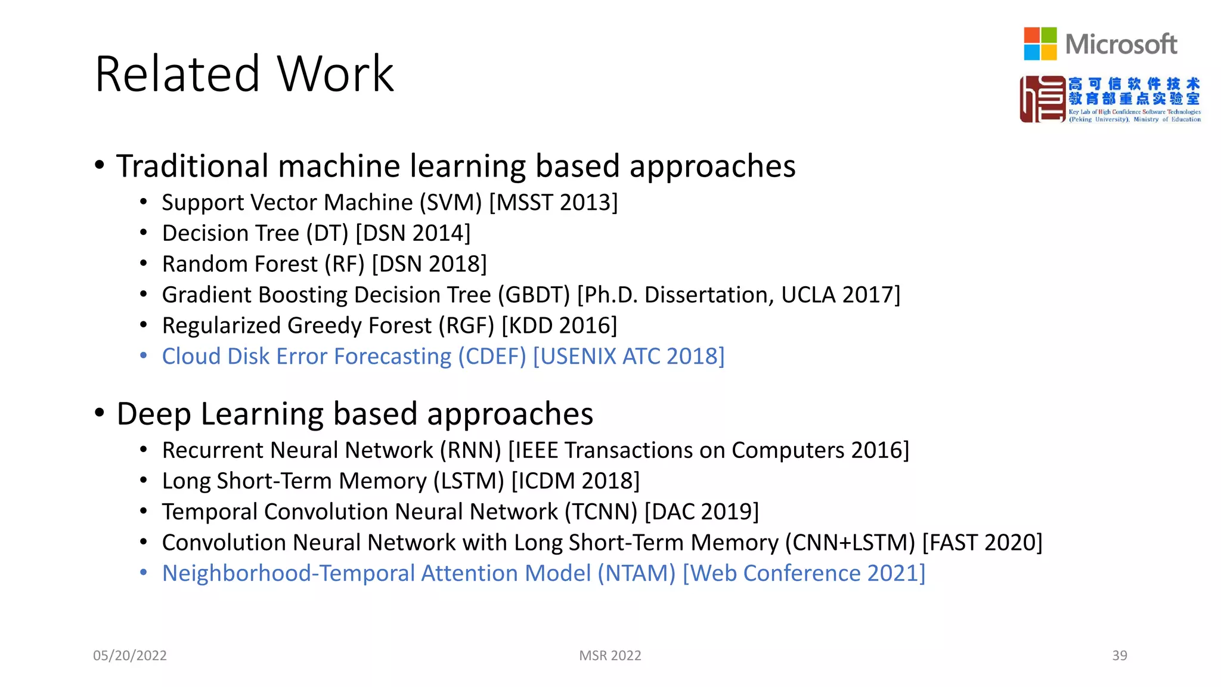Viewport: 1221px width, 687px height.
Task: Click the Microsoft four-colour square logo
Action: (1040, 44)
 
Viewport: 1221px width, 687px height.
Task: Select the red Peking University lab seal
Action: (1042, 99)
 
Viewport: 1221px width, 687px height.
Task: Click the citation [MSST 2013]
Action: (553, 203)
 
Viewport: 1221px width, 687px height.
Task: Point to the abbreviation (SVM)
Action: (450, 203)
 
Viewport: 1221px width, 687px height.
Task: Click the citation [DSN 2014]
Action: (413, 233)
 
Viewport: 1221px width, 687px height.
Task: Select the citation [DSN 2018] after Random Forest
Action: (429, 264)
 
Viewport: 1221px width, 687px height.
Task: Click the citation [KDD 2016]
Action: (559, 326)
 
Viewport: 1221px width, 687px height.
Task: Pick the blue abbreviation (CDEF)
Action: (492, 357)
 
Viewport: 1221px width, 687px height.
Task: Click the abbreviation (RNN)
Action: (470, 450)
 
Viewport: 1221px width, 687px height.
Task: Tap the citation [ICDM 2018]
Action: (575, 481)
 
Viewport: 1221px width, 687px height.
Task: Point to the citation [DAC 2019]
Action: (702, 512)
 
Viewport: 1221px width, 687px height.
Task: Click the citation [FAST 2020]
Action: (982, 543)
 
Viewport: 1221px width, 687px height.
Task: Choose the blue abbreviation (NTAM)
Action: (636, 574)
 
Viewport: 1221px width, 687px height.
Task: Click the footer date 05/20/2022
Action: (130, 655)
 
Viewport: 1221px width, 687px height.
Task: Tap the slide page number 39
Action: (1119, 655)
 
